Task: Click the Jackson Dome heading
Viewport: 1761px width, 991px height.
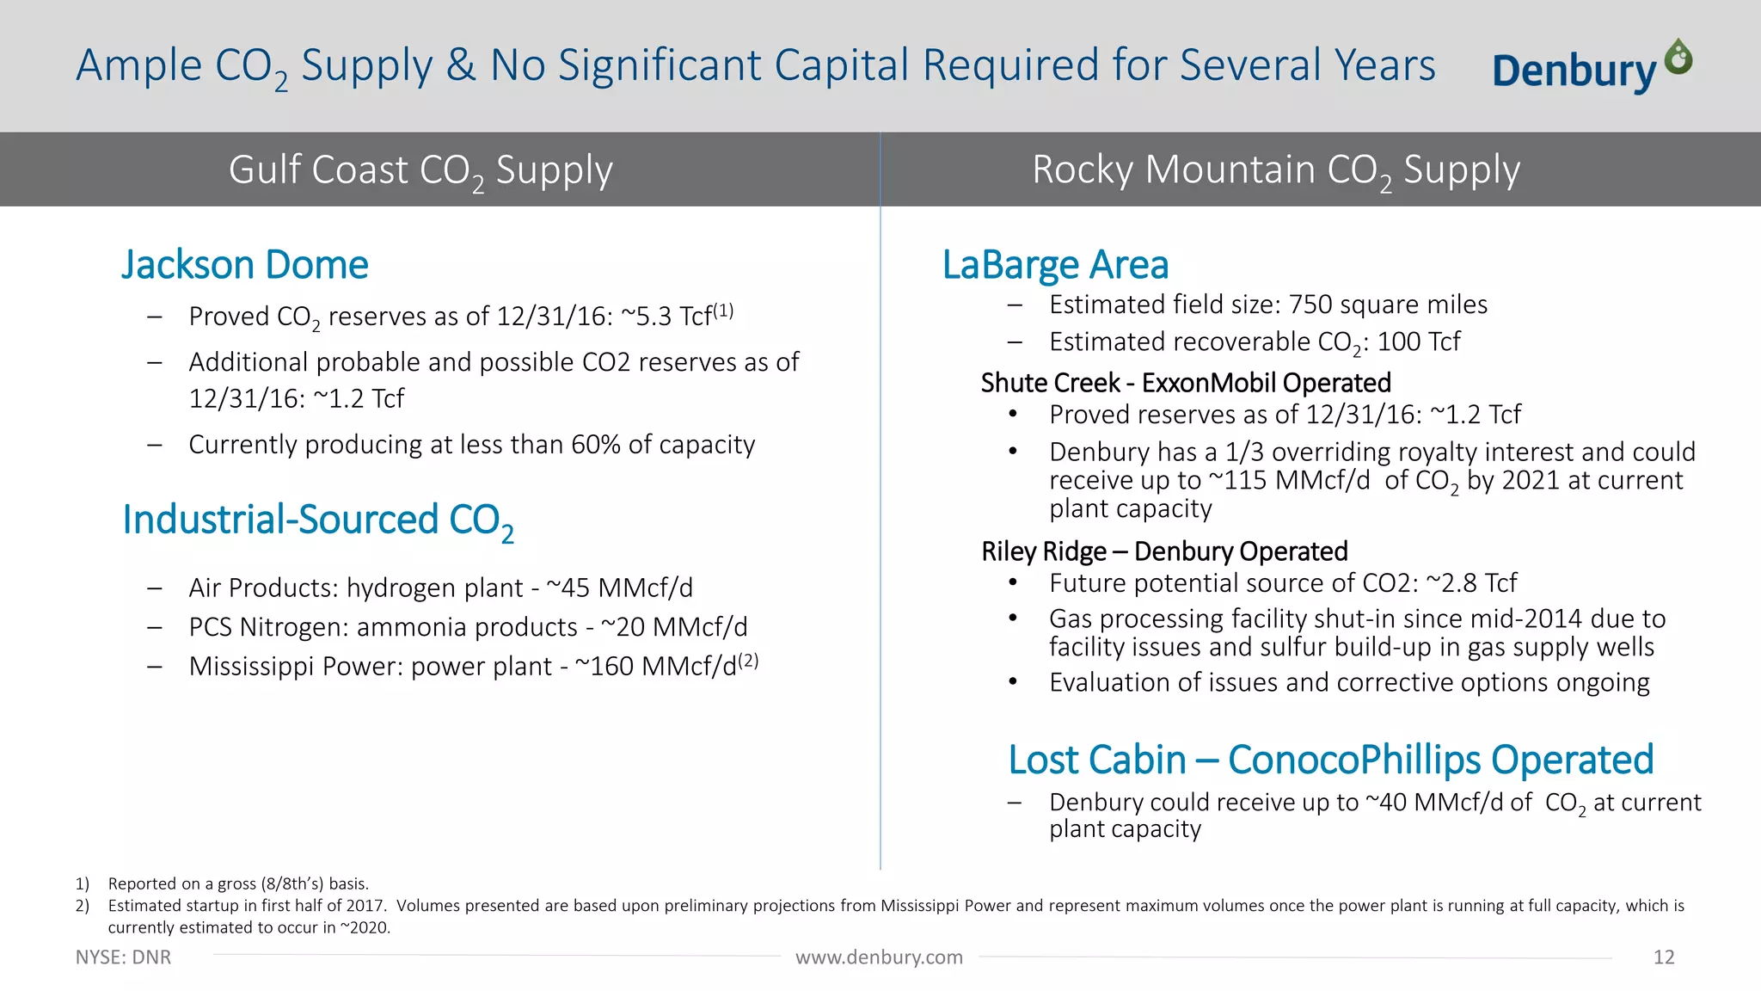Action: click(244, 265)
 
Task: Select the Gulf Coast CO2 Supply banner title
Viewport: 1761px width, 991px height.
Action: click(420, 169)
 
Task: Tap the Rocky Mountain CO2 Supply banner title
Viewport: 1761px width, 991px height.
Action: click(1276, 169)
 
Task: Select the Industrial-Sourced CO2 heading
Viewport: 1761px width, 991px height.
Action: click(317, 520)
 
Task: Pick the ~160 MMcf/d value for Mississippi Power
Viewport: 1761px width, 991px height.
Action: click(655, 667)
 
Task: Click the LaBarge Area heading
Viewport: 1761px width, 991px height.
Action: click(1055, 265)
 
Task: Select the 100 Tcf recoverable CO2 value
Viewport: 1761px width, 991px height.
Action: click(1419, 342)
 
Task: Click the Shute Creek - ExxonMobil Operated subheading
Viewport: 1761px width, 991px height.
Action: click(1186, 383)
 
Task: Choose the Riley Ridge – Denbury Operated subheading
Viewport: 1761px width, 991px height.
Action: click(1164, 551)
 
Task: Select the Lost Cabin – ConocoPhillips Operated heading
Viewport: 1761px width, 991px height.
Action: click(1330, 760)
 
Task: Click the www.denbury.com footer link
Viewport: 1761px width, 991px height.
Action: click(879, 957)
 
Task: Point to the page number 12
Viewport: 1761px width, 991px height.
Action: click(1663, 957)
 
